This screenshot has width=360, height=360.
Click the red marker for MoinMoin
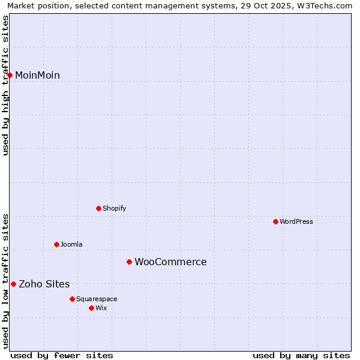click(x=10, y=75)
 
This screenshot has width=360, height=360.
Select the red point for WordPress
click(x=276, y=221)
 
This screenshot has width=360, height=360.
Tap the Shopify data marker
click(x=99, y=208)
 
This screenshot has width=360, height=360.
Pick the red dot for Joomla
click(x=57, y=244)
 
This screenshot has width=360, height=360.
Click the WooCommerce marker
click(x=129, y=262)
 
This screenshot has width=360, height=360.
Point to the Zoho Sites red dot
click(x=14, y=284)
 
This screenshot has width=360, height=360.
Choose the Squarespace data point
click(x=73, y=299)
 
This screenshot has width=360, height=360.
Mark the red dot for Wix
click(x=92, y=308)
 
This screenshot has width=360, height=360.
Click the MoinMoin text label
click(x=37, y=75)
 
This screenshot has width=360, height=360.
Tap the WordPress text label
click(x=296, y=221)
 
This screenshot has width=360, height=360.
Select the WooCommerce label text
click(x=170, y=262)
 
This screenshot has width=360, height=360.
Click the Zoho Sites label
click(x=44, y=284)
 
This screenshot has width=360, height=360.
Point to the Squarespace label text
click(x=97, y=299)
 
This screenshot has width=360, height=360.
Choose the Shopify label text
click(x=114, y=208)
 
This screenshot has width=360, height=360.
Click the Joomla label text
click(x=71, y=244)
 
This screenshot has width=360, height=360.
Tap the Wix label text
click(x=101, y=308)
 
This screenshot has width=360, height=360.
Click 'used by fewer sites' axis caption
click(x=62, y=355)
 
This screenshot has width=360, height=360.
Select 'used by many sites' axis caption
click(x=301, y=355)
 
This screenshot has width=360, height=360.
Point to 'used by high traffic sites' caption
click(x=6, y=85)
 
